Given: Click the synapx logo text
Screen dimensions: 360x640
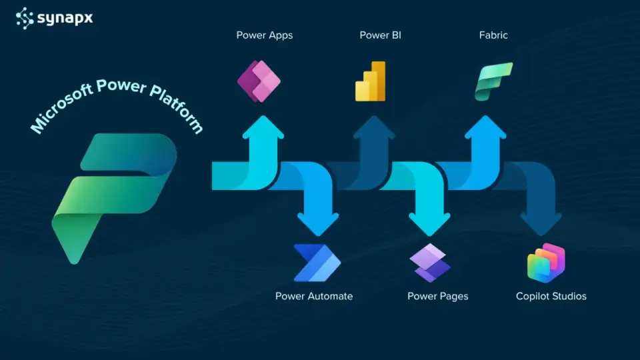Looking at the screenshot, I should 65,18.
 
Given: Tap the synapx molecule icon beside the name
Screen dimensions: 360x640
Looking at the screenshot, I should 25,17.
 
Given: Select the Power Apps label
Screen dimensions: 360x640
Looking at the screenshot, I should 264,35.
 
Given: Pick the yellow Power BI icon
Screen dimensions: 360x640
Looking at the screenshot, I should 371,81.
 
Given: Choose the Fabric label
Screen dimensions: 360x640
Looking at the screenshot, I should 493,35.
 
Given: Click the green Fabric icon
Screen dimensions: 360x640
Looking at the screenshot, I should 493,81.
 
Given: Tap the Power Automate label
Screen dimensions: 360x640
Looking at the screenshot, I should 314,296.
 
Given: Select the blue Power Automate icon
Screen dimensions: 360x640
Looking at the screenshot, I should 317,263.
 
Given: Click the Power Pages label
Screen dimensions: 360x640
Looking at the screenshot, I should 438,296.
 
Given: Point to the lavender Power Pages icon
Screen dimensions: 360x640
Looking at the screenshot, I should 430,263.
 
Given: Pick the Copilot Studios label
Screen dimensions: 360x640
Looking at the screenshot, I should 551,296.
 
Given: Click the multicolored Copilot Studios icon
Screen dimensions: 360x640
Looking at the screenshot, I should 546,263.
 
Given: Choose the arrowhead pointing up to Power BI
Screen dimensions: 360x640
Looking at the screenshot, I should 375,127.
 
